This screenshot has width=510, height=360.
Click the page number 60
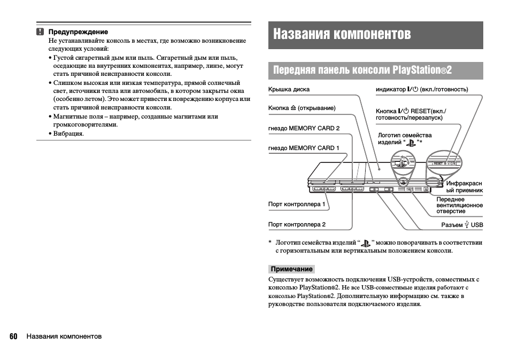(x=13, y=336)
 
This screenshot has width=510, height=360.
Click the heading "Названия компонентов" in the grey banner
(x=342, y=34)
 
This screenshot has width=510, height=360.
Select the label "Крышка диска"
(x=289, y=89)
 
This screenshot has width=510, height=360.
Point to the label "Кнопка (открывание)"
(x=302, y=108)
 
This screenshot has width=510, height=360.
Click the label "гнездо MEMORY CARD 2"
(x=304, y=128)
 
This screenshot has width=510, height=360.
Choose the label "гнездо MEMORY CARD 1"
(x=304, y=148)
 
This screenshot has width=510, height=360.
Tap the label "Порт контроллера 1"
(x=297, y=204)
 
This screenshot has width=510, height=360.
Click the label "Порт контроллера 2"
(x=297, y=224)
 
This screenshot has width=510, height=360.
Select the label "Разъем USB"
(x=462, y=225)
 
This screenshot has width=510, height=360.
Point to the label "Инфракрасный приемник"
(x=464, y=187)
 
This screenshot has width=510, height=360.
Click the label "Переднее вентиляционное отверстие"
(x=459, y=205)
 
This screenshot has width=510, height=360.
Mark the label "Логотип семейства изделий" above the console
(x=404, y=138)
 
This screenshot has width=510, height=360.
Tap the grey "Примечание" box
(x=291, y=269)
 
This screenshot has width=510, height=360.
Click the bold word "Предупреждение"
(x=78, y=32)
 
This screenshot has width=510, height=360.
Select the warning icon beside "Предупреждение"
(x=40, y=32)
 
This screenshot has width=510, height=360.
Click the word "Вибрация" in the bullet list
(x=68, y=134)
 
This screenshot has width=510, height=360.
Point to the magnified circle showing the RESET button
(x=444, y=162)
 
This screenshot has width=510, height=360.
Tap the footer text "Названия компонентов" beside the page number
(x=64, y=336)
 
